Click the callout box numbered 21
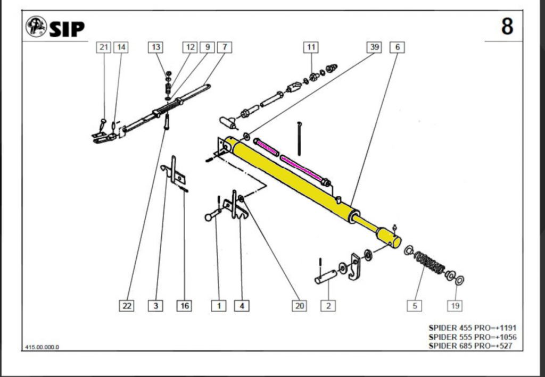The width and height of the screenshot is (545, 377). [103, 47]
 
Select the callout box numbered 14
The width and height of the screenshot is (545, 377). [121, 47]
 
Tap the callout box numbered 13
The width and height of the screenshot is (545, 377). [155, 47]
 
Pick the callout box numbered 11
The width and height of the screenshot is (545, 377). [311, 47]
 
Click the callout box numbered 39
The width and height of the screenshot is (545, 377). [374, 47]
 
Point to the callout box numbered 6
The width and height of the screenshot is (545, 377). [397, 47]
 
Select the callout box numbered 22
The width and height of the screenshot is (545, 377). [127, 306]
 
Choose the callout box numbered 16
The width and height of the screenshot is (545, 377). [184, 306]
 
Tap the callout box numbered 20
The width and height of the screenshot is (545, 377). [300, 306]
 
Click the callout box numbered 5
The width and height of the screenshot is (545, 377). [415, 306]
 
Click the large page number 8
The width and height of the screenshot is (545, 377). [507, 26]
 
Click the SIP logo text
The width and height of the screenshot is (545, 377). [67, 29]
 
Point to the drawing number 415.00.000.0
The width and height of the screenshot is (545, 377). [42, 347]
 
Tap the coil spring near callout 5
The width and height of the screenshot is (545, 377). [430, 264]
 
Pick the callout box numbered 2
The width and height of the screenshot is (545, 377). [328, 306]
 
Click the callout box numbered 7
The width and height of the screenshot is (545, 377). [224, 47]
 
